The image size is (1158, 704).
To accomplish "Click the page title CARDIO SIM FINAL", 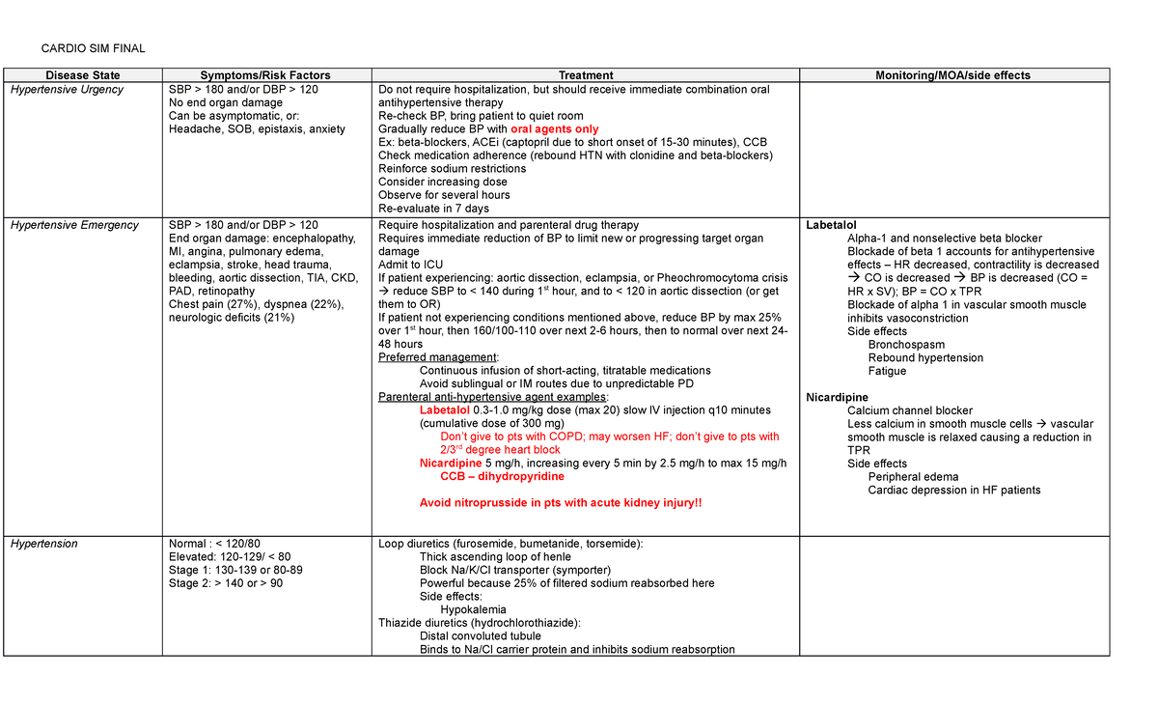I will [x=92, y=49].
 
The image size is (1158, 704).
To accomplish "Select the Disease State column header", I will [x=85, y=75].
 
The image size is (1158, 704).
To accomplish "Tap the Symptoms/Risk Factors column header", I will [x=264, y=75].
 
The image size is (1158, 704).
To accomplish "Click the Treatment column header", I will [x=585, y=75].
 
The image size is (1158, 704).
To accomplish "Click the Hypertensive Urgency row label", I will [x=67, y=90].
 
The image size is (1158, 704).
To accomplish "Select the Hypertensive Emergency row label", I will [x=74, y=225].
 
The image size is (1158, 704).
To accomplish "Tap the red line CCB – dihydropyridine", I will [x=502, y=477].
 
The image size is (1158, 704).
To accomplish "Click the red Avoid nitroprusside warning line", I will [x=561, y=503].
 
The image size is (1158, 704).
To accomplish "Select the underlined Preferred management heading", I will [x=438, y=357].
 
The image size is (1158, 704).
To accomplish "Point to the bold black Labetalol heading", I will [x=831, y=225].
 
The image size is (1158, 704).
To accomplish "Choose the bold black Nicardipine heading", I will [x=837, y=397].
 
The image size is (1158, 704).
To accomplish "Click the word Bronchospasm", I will [x=906, y=345].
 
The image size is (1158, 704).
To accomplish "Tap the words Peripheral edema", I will [x=913, y=477].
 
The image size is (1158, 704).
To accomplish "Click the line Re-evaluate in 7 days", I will [x=433, y=209].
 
